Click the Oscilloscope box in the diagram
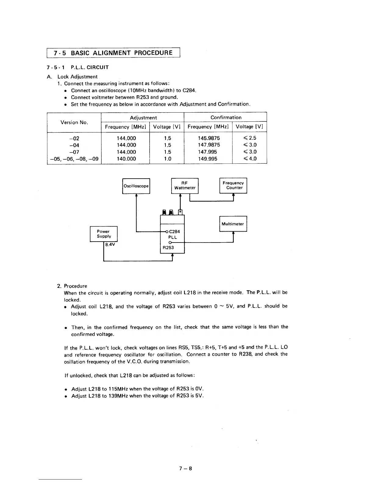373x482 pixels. (136, 186)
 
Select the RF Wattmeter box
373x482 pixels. (185, 186)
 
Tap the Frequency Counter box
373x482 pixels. (233, 185)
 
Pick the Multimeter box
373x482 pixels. (233, 224)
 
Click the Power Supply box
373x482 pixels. (104, 234)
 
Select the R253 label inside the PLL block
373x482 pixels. (168, 248)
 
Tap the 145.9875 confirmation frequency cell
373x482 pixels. (209, 138)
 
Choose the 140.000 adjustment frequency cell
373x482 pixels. (126, 159)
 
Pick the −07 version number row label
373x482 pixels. (74, 152)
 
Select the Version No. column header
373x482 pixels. (74, 122)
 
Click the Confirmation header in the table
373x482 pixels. (226, 117)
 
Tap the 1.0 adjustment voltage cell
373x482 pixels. (167, 159)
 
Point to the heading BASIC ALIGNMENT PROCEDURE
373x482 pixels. (122, 53)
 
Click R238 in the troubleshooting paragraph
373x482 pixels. (245, 354)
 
